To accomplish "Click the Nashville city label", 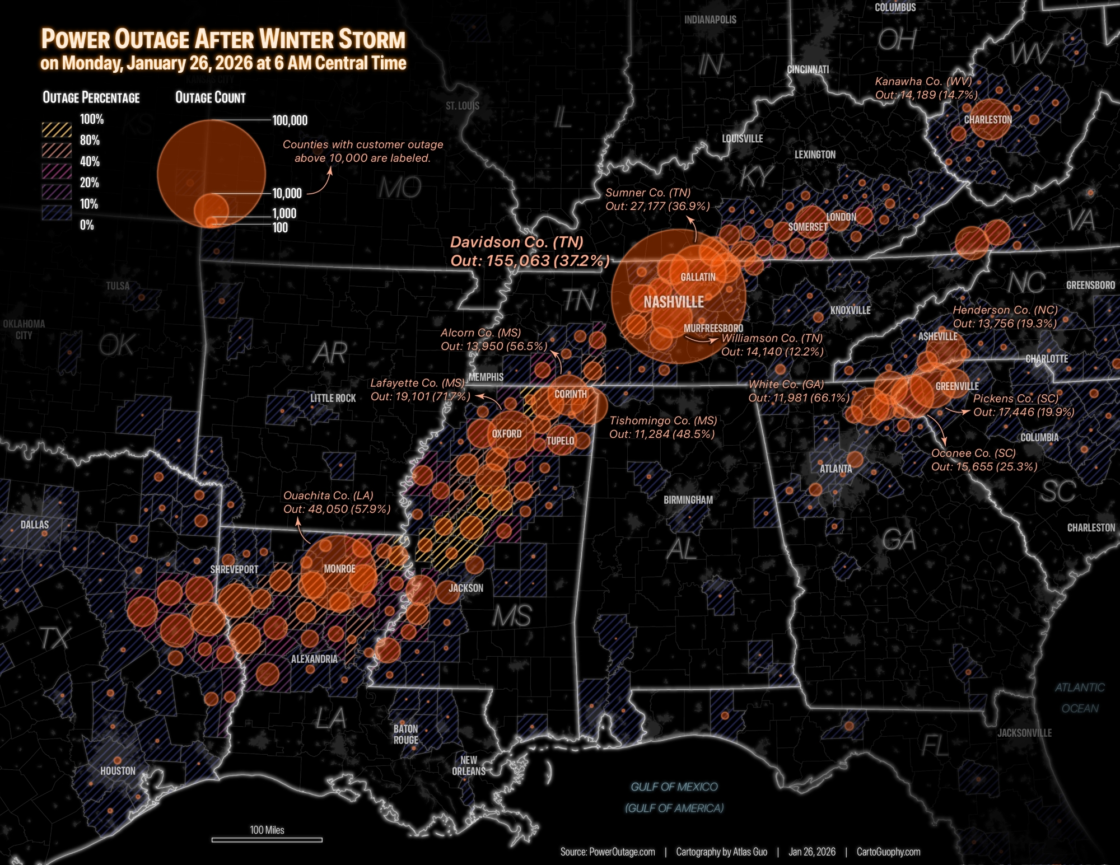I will (x=674, y=302).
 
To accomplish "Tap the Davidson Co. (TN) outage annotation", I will (x=529, y=251).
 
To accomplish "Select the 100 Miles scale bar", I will (x=267, y=839).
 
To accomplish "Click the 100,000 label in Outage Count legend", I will (x=290, y=120).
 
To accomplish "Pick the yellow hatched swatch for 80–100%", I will (x=57, y=130).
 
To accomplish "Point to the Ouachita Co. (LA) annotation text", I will (x=336, y=502).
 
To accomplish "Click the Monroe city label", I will (x=339, y=569).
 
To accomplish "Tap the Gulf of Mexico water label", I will (x=674, y=787).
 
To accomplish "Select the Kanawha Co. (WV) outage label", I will (x=926, y=88).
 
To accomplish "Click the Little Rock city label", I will (x=333, y=398).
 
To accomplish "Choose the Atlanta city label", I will (x=836, y=469).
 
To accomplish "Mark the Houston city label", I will (x=118, y=771).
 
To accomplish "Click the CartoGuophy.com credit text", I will (x=888, y=852).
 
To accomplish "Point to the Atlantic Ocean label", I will (x=1080, y=698).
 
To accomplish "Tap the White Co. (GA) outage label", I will (x=799, y=391).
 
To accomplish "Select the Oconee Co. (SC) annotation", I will (x=984, y=460).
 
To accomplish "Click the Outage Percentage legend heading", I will (x=91, y=98).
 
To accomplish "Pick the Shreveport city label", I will (x=234, y=569).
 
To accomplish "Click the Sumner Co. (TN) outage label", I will (x=657, y=199).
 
